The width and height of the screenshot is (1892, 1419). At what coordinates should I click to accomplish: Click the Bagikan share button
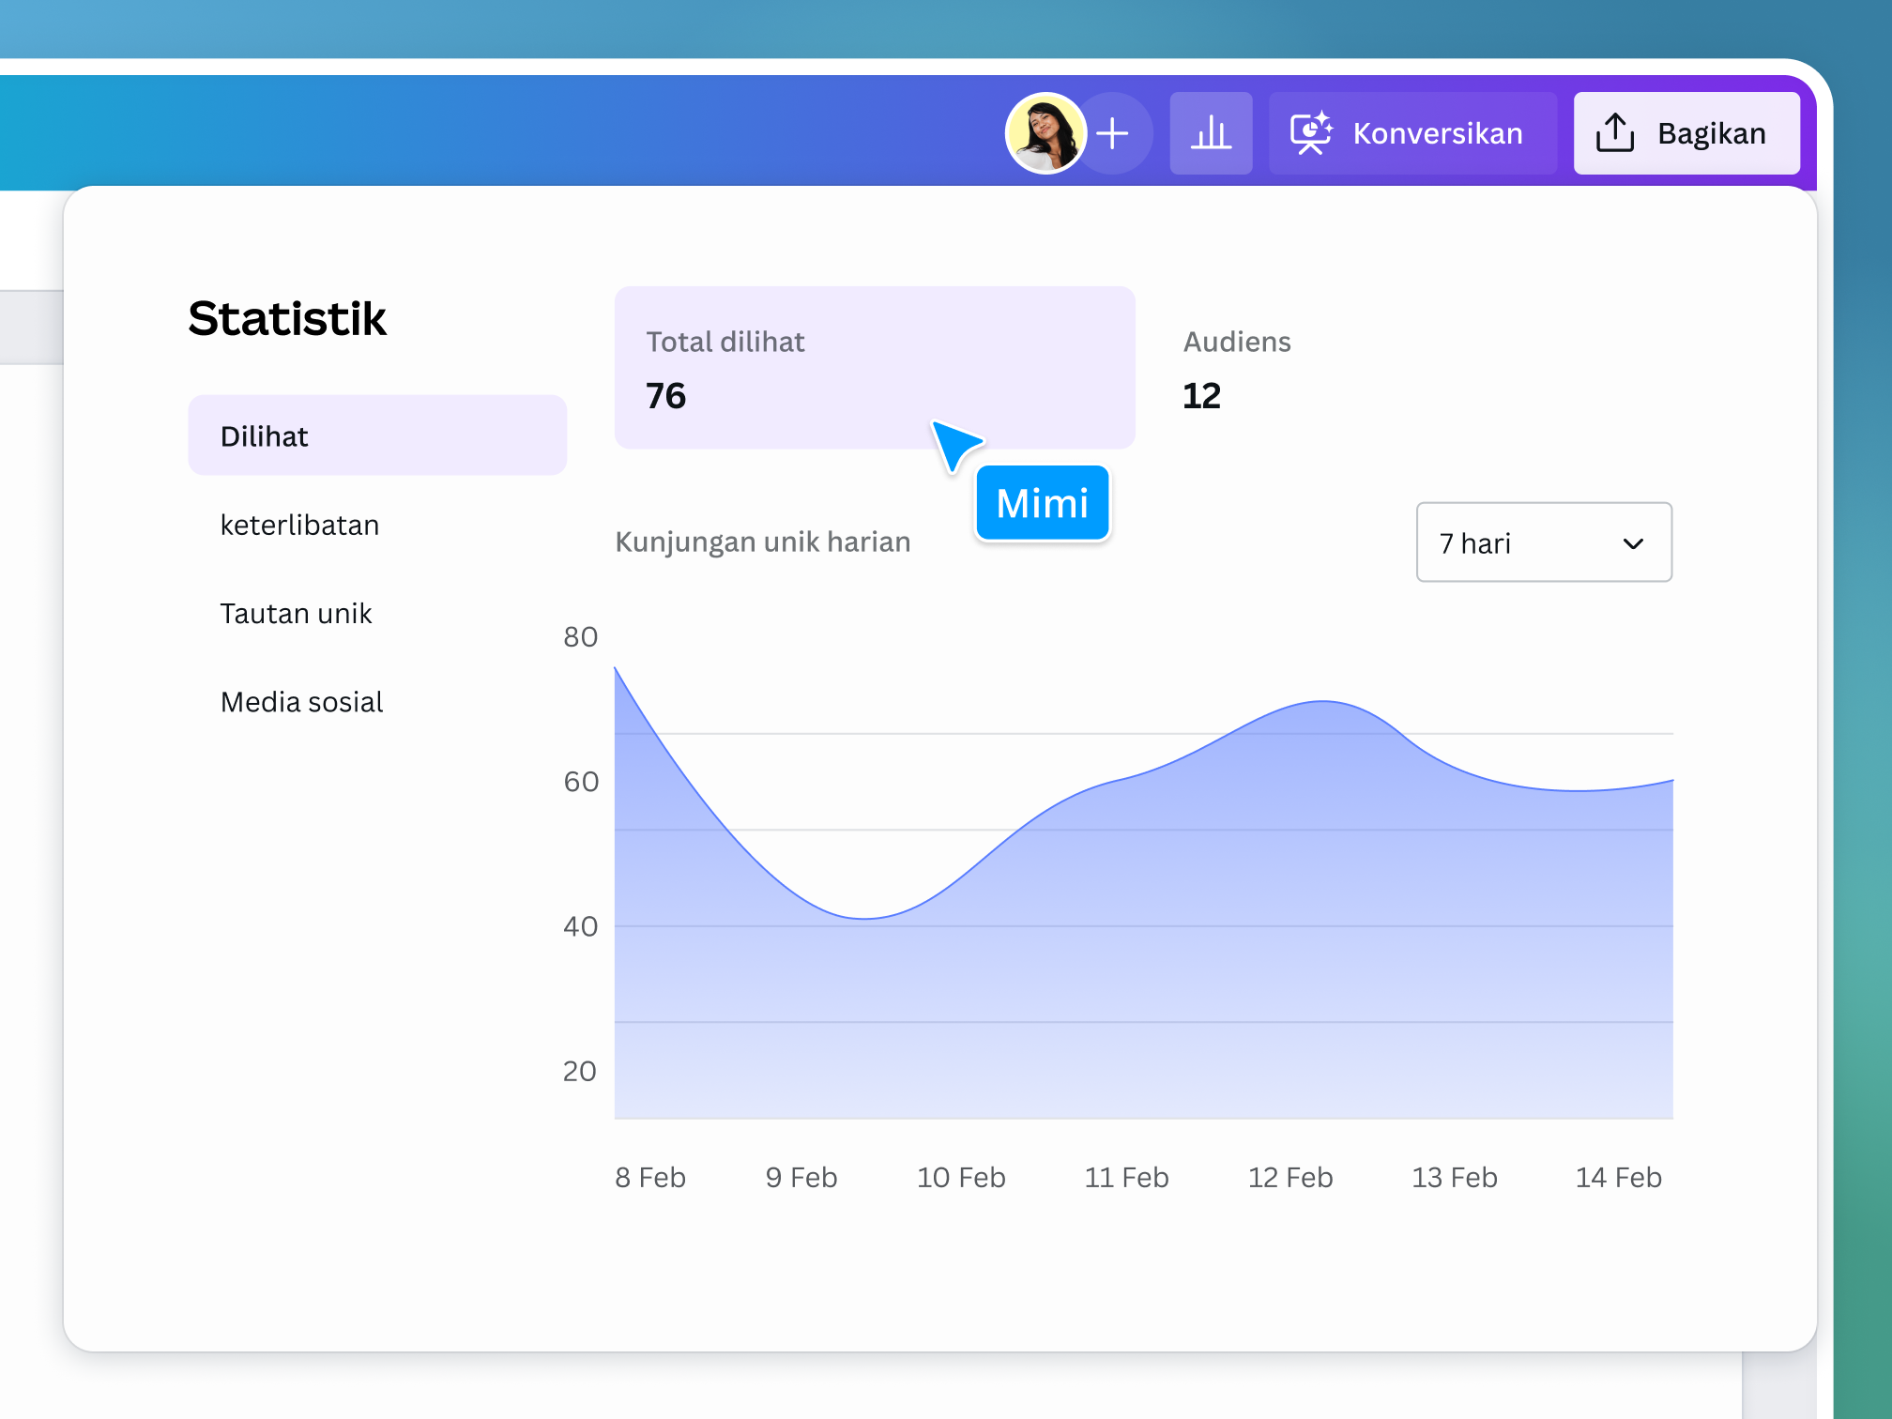pos(1686,133)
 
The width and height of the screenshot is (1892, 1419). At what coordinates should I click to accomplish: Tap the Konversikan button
pos(1411,133)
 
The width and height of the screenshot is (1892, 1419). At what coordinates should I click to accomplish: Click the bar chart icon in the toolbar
pos(1211,133)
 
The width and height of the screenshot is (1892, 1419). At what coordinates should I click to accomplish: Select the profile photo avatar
pos(1045,133)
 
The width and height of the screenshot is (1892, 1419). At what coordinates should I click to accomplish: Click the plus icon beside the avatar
pos(1114,133)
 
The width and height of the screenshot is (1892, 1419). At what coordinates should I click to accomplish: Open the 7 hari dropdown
pos(1543,542)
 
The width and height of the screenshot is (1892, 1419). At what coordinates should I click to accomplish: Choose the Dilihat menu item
pos(376,435)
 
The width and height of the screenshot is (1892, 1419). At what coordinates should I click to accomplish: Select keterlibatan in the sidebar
pos(299,525)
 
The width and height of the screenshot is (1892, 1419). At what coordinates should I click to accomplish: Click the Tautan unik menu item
pos(296,613)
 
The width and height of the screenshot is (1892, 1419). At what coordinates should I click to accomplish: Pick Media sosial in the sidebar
pos(301,702)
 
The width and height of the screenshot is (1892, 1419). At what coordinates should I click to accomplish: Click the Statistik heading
pos(287,318)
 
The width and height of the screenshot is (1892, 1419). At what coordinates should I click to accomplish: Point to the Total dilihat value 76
pos(665,396)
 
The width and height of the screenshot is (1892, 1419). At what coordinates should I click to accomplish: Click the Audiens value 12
pos(1201,396)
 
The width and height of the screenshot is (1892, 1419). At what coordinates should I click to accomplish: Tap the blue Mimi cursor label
pos(1042,503)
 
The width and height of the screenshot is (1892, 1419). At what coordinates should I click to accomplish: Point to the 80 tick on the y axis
pos(580,637)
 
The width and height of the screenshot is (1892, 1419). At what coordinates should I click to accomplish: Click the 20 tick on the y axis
pos(579,1071)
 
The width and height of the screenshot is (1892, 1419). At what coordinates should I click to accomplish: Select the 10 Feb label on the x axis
pos(961,1177)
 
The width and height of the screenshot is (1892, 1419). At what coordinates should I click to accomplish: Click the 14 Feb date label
pos(1618,1177)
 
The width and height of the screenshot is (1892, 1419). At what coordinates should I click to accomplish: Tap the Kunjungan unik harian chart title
pos(762,542)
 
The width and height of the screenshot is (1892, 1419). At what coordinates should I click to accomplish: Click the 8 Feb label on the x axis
pos(650,1177)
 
